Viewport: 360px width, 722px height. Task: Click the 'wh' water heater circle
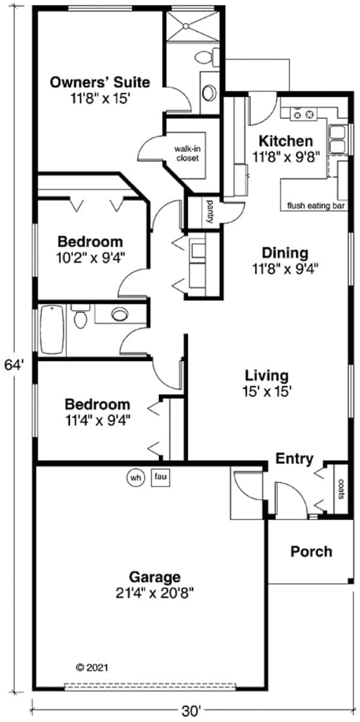pyautogui.click(x=135, y=477)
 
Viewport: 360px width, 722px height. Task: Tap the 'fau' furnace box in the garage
pyautogui.click(x=160, y=477)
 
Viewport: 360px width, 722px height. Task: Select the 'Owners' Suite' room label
pyautogui.click(x=100, y=82)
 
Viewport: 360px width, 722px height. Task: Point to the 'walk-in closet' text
pyautogui.click(x=187, y=153)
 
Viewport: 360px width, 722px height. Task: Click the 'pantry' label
pyautogui.click(x=210, y=212)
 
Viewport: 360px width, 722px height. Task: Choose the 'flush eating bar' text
pyautogui.click(x=316, y=206)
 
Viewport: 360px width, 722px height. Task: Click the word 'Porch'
pyautogui.click(x=311, y=552)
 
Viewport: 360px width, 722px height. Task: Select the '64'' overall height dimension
pyautogui.click(x=14, y=366)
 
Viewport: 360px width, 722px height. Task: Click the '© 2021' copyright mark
pyautogui.click(x=92, y=667)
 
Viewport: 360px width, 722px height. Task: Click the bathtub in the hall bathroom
pyautogui.click(x=51, y=330)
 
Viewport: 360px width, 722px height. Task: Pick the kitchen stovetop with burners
pyautogui.click(x=303, y=114)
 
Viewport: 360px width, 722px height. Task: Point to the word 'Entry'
pyautogui.click(x=294, y=459)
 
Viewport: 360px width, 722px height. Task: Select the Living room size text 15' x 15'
pyautogui.click(x=267, y=391)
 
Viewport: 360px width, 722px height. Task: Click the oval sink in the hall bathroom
pyautogui.click(x=119, y=313)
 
